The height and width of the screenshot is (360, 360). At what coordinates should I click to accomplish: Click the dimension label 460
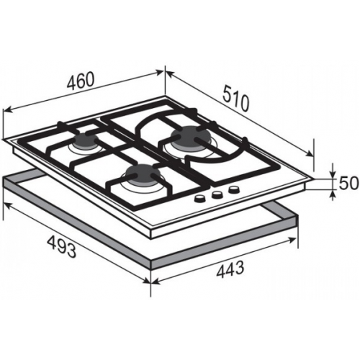[80, 81]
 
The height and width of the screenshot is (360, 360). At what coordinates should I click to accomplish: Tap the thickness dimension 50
[348, 183]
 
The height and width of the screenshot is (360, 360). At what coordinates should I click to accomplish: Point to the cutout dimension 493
[61, 246]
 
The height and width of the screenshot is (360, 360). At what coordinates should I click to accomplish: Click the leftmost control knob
[199, 198]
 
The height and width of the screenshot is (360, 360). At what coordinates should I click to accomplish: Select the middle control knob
[217, 194]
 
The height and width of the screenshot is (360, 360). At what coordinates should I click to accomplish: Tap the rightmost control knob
[234, 190]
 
